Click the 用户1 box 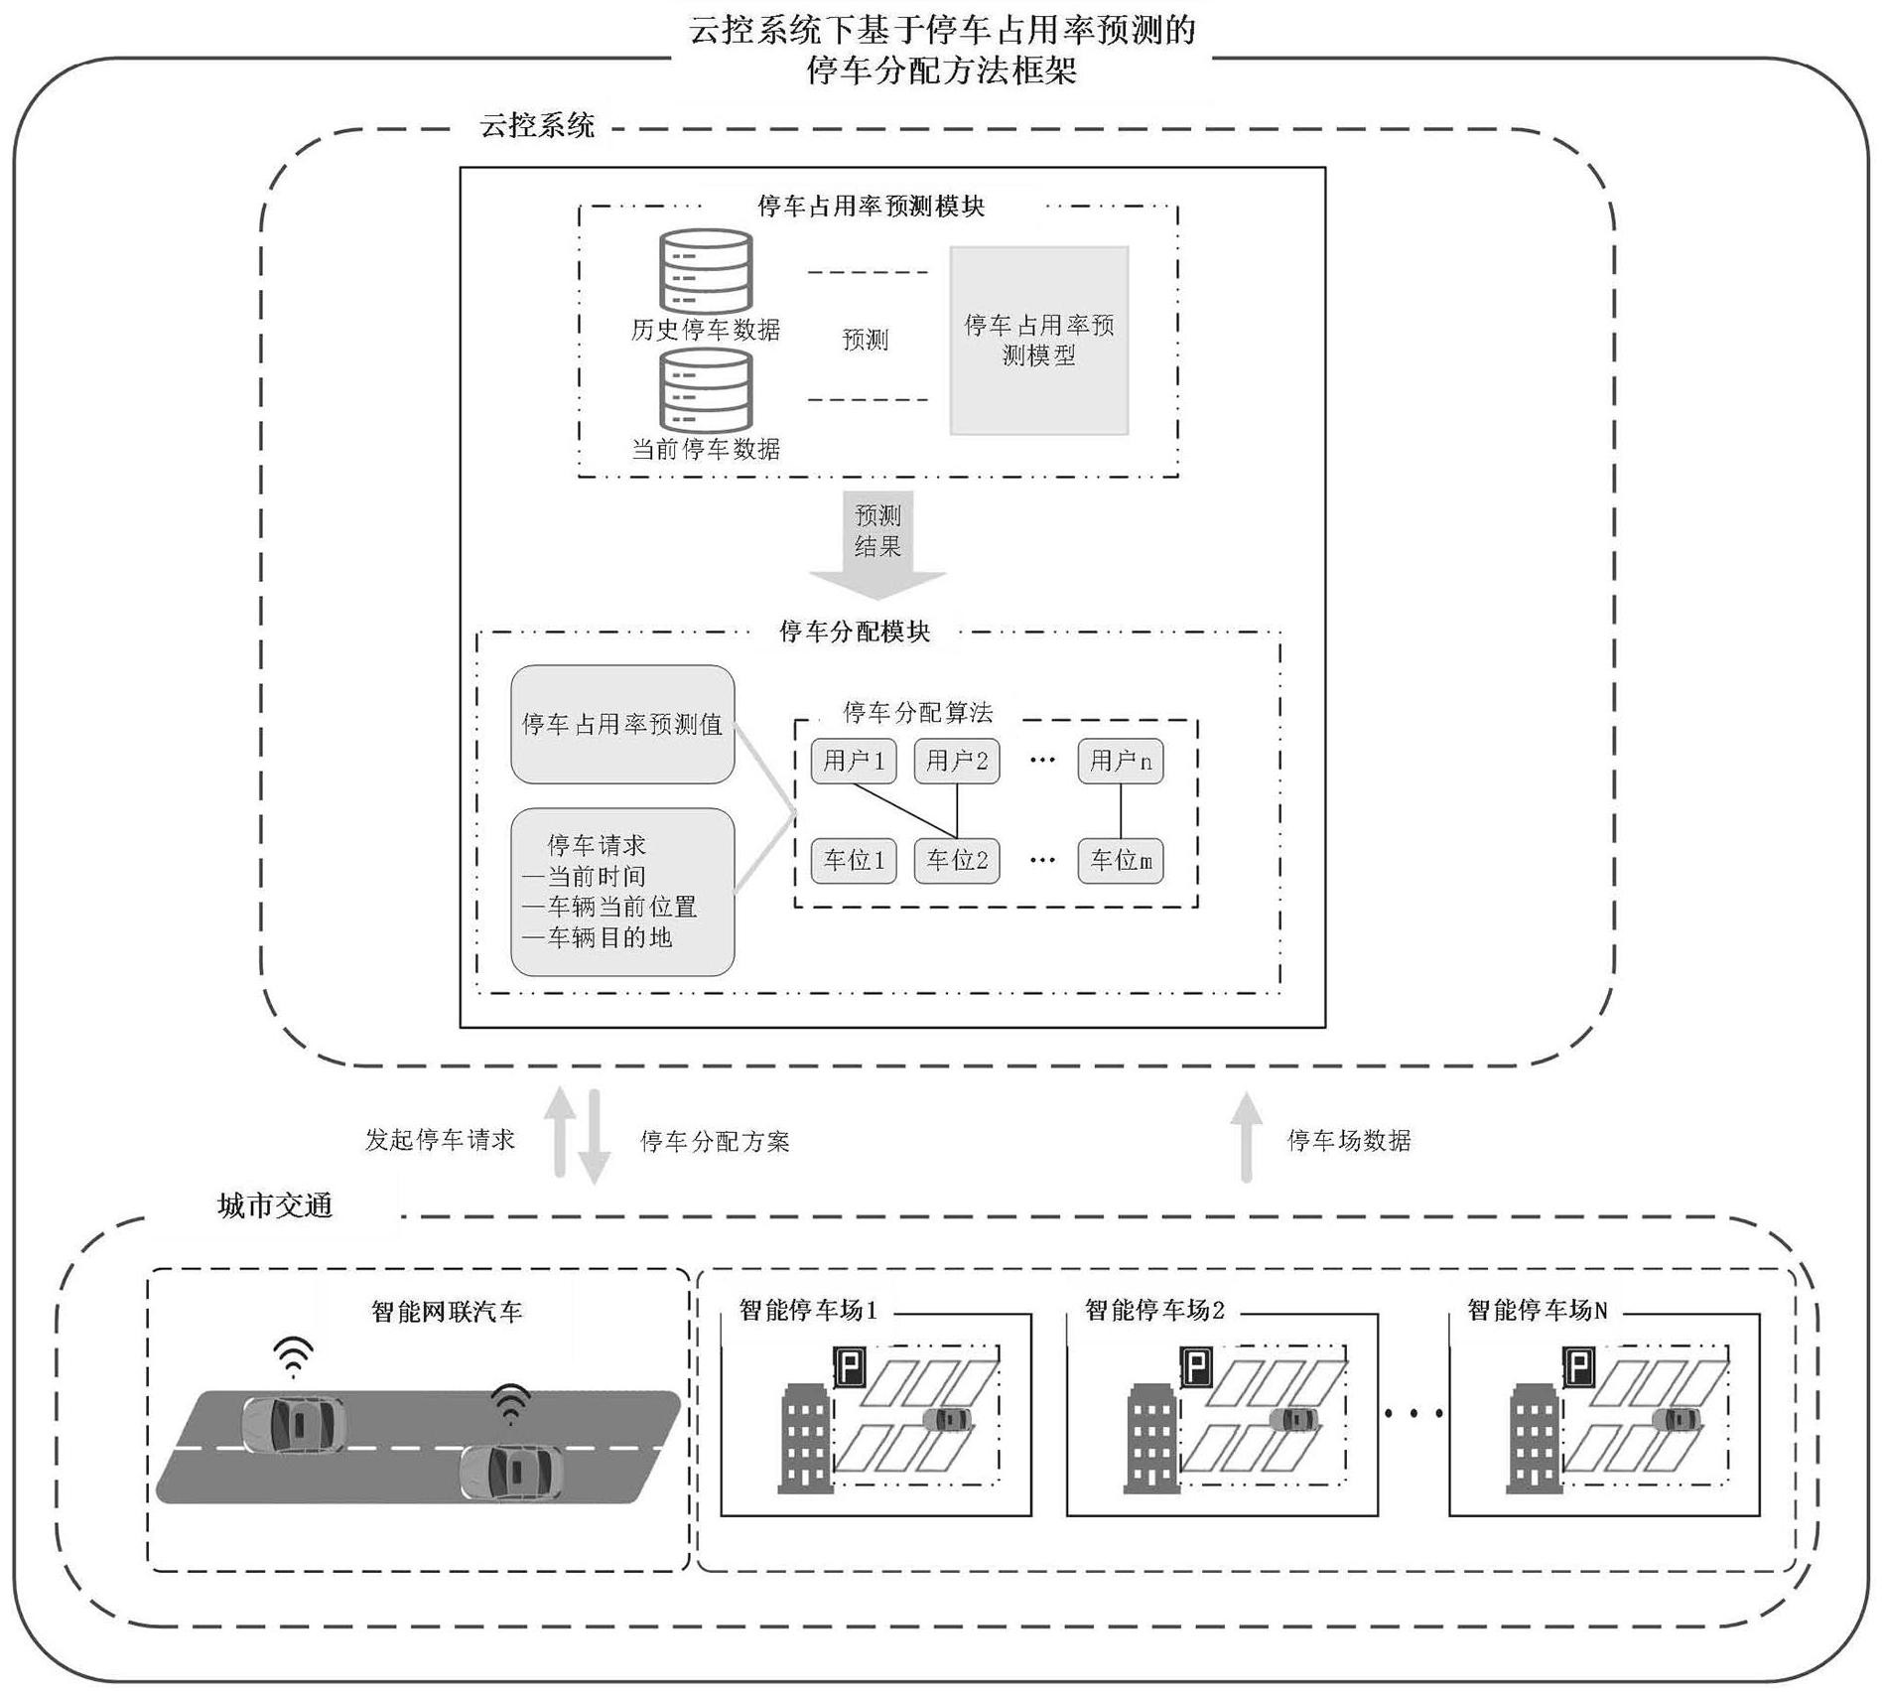click(x=854, y=762)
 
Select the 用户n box click(x=1121, y=762)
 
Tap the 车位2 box click(x=957, y=861)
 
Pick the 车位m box click(x=1121, y=861)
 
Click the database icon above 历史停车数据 click(x=706, y=271)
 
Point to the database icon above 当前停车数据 click(x=706, y=391)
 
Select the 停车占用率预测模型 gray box click(x=1039, y=341)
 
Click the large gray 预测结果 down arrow click(x=877, y=545)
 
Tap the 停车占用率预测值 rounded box click(x=622, y=725)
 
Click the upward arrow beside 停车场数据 click(x=1247, y=1138)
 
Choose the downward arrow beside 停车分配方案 click(x=594, y=1138)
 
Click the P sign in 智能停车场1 click(x=849, y=1367)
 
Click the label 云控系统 click(x=537, y=126)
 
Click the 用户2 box click(x=957, y=762)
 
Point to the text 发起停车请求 click(x=440, y=1140)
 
